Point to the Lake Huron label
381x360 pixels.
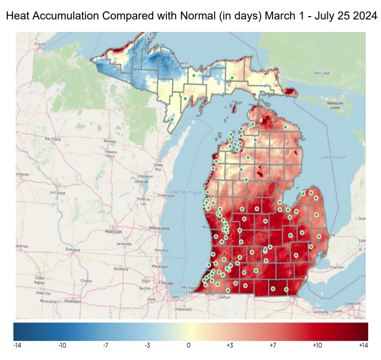(333, 157)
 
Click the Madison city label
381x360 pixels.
(113, 231)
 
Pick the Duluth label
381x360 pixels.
(40, 43)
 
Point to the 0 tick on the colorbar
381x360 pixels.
(188, 345)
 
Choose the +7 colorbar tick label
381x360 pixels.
(274, 345)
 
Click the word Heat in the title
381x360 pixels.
(19, 16)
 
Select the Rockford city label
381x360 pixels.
(120, 268)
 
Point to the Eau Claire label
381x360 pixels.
(52, 139)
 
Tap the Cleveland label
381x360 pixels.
(352, 303)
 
